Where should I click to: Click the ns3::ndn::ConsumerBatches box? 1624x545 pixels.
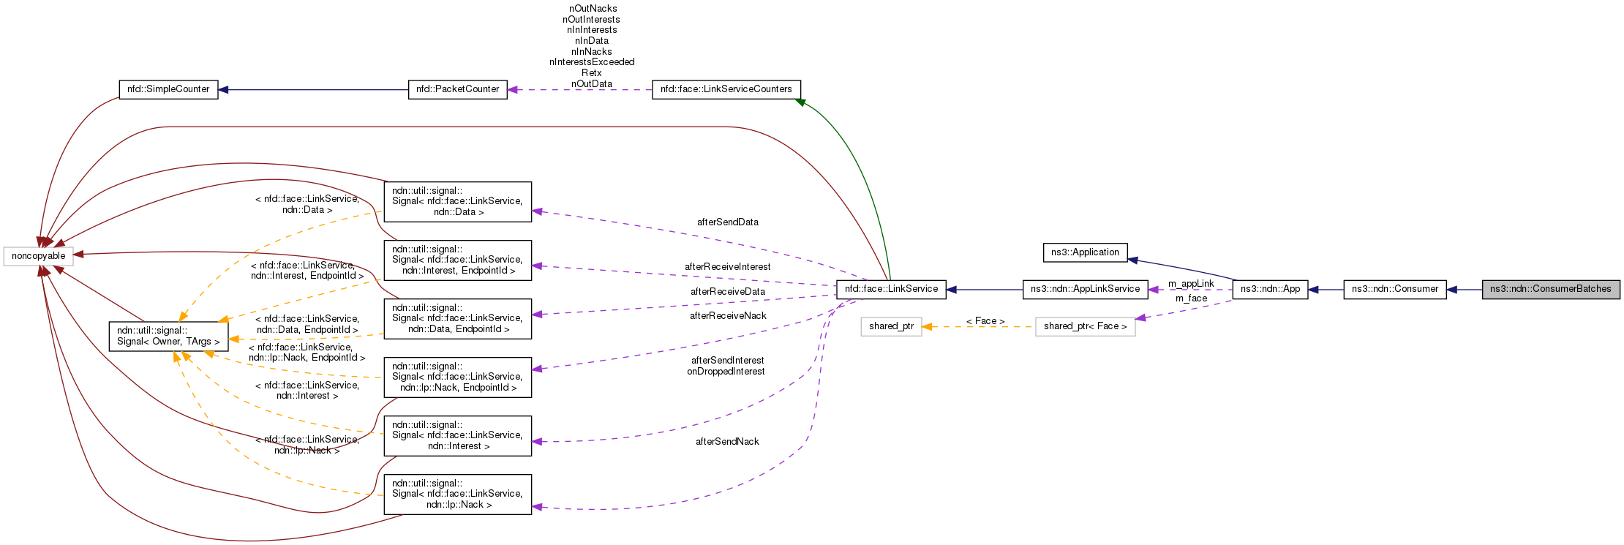(x=1550, y=289)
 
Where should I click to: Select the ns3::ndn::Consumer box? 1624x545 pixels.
(x=1394, y=289)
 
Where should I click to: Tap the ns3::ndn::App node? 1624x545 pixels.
(x=1270, y=289)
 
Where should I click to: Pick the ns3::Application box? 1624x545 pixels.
(x=1085, y=252)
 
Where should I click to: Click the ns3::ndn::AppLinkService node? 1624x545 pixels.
(x=1085, y=289)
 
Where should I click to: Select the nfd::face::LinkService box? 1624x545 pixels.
(x=891, y=289)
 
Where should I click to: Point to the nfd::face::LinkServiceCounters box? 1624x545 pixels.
(x=726, y=89)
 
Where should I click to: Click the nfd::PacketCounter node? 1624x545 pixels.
(x=457, y=89)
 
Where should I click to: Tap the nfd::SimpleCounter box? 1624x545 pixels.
(x=168, y=89)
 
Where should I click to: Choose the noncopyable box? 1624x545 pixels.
(x=38, y=256)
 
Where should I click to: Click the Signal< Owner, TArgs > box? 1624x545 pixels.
(x=168, y=336)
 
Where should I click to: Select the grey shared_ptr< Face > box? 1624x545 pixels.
(x=1085, y=326)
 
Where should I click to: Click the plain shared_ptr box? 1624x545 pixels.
(x=891, y=326)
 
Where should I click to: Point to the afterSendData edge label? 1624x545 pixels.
(x=727, y=222)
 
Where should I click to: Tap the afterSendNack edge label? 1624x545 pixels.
(x=727, y=442)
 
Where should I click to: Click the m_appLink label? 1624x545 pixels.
(x=1191, y=284)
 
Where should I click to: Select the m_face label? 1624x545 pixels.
(x=1191, y=298)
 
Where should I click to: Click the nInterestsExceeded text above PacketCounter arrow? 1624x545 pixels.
(x=592, y=62)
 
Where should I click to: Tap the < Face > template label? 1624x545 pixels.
(x=985, y=321)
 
